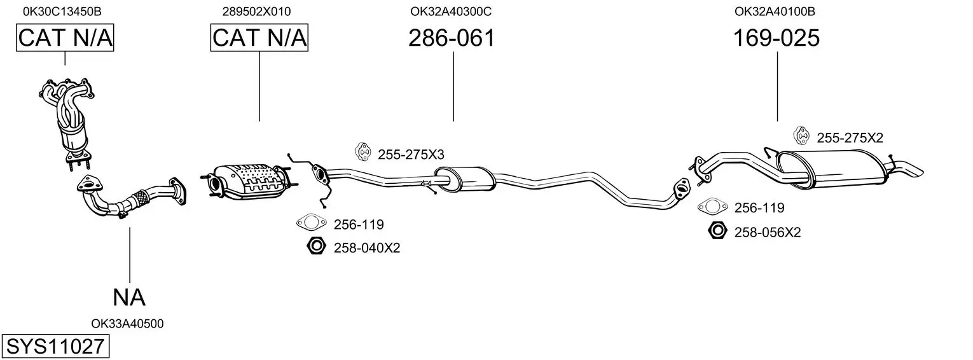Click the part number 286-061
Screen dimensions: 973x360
pos(452,38)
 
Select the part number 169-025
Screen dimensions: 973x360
pos(776,38)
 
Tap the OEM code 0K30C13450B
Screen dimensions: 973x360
pos(62,11)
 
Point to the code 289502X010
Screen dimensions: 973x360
pos(256,11)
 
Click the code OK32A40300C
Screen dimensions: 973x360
pos(451,11)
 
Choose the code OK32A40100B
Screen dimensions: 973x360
pos(775,11)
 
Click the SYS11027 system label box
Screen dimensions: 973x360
pos(55,347)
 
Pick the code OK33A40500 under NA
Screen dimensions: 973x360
pos(127,324)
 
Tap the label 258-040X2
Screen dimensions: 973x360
pos(366,248)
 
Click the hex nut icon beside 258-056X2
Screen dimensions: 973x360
pos(717,231)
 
